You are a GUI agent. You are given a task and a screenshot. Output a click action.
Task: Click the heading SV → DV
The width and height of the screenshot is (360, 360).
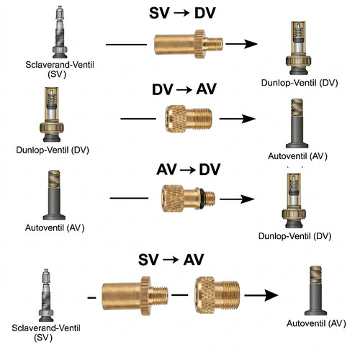pos(182,13)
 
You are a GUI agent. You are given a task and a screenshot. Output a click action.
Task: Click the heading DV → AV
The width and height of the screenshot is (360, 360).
pos(184,89)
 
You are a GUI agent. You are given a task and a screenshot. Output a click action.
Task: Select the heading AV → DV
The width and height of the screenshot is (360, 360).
pos(188,169)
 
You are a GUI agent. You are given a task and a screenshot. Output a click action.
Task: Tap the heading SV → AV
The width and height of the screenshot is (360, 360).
pos(171,259)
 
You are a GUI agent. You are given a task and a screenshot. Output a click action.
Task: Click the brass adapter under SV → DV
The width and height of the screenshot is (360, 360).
pos(189,44)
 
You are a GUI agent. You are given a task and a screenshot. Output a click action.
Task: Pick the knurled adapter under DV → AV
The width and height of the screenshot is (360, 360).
pos(189,119)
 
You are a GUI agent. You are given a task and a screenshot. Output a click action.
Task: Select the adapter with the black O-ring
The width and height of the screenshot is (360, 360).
pos(188,199)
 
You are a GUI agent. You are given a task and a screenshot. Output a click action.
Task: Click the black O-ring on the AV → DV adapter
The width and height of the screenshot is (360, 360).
pos(202,199)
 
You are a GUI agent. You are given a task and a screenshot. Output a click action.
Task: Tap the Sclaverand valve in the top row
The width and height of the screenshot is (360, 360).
pos(60,32)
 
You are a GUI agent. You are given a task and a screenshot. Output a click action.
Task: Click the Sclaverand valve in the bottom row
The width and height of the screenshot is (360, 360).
pos(46,295)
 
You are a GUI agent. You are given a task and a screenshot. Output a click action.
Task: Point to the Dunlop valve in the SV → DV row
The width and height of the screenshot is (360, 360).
pos(298,48)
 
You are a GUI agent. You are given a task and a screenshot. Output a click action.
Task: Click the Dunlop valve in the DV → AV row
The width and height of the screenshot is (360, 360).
pos(52,114)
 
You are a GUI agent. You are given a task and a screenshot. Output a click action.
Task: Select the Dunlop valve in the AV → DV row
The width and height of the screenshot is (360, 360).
pos(294,200)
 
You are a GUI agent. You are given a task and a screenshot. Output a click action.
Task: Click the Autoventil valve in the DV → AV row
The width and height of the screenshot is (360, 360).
pos(297,123)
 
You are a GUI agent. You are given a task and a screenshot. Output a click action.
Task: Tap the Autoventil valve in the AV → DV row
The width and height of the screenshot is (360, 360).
pos(54,195)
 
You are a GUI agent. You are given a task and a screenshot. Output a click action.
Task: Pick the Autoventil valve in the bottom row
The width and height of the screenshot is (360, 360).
pos(315,290)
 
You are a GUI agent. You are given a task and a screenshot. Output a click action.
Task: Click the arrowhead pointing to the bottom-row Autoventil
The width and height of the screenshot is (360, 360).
pos(271,295)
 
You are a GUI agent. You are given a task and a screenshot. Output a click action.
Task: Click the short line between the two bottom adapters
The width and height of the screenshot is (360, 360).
pos(180,294)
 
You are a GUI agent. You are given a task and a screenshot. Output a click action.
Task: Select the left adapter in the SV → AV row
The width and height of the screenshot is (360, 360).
pos(135,296)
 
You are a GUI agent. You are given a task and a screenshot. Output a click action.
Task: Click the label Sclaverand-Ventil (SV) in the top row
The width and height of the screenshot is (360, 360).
pos(60,69)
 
